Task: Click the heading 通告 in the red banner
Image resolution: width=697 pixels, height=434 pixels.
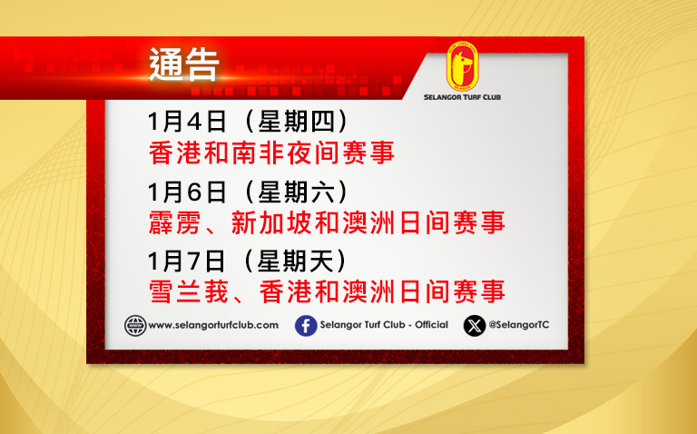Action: (184, 64)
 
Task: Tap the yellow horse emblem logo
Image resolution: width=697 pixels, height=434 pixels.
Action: (462, 66)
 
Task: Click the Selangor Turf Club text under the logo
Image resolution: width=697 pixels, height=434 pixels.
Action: (462, 97)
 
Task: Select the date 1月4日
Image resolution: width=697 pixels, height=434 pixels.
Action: (187, 122)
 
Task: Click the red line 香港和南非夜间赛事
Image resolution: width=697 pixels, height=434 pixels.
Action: (271, 153)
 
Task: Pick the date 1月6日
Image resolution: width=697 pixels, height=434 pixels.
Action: (187, 192)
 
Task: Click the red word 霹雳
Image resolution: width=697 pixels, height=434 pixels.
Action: (174, 222)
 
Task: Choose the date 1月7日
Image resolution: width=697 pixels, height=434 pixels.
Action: (187, 261)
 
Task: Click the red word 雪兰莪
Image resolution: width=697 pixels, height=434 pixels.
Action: (189, 291)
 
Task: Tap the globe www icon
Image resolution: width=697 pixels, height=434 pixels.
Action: (135, 325)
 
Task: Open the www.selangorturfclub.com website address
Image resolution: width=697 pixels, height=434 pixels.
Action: (213, 325)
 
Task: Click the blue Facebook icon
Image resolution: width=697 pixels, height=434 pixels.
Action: (306, 325)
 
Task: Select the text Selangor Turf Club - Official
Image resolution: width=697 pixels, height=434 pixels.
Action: (384, 325)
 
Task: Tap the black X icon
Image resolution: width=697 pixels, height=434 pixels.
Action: (475, 325)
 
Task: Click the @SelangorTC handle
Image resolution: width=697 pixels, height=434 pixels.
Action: (519, 325)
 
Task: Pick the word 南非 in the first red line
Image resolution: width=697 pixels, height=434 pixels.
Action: (258, 153)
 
